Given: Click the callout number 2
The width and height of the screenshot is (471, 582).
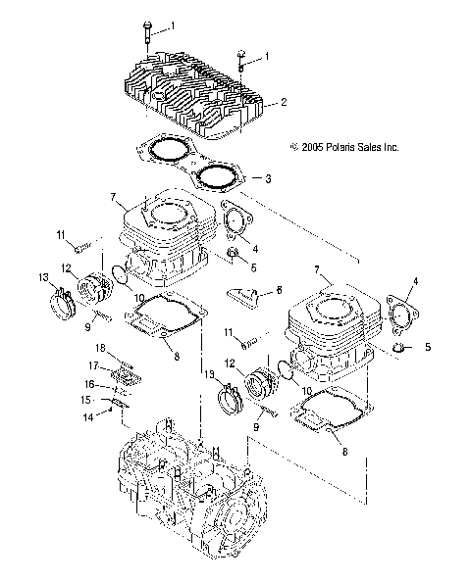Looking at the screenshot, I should click(x=284, y=102).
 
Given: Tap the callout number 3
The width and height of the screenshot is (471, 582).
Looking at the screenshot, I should click(x=268, y=179).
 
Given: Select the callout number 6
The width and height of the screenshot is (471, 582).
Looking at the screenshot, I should click(x=279, y=290).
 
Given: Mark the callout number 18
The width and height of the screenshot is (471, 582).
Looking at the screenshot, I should click(x=100, y=348).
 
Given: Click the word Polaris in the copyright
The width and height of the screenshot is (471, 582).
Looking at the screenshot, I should click(x=340, y=147).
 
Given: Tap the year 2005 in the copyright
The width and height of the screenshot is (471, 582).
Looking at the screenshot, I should click(x=313, y=147).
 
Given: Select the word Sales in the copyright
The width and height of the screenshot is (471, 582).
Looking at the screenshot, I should click(x=369, y=147).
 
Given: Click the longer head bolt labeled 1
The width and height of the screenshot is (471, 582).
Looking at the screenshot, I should click(x=146, y=36).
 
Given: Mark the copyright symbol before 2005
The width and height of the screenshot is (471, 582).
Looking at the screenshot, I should click(x=295, y=147).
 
